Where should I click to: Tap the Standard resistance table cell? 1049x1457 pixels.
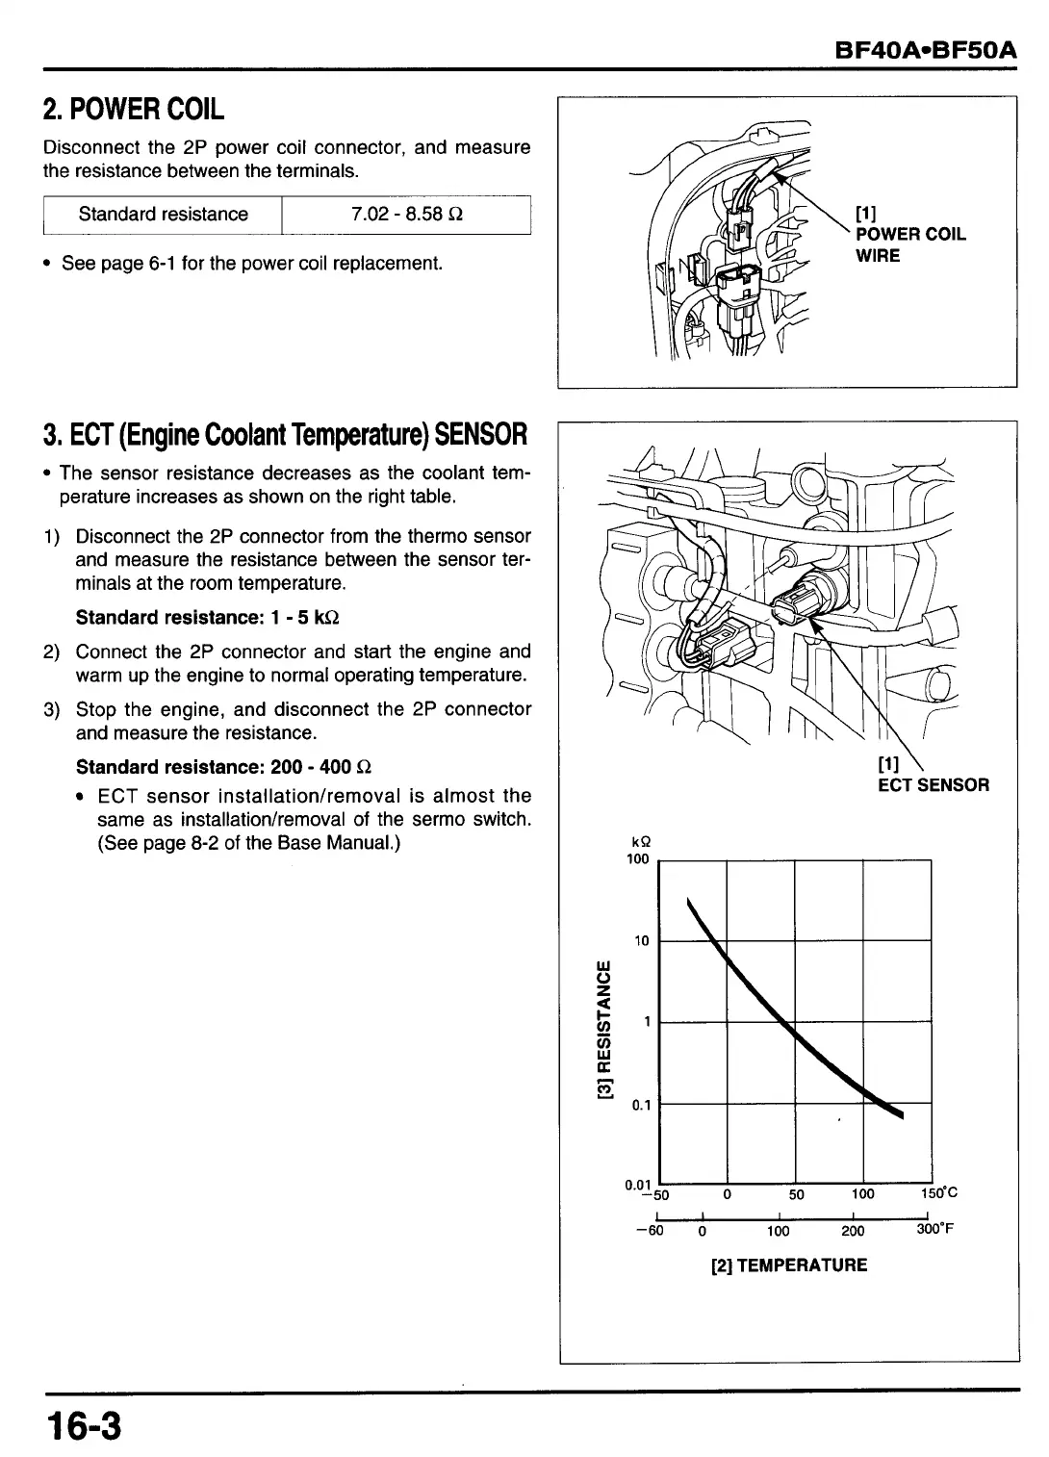coord(163,215)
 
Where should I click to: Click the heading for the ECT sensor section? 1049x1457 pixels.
coord(285,434)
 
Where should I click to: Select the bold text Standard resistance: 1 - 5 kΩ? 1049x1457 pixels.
coord(207,616)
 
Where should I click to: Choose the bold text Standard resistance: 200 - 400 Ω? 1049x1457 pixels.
coord(223,767)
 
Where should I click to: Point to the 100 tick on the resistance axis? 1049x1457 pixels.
coord(637,858)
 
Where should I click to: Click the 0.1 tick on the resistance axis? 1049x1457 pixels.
coord(641,1105)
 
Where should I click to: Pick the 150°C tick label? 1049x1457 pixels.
coord(938,1194)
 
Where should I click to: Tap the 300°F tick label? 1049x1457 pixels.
coord(934,1230)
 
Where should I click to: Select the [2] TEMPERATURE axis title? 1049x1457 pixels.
coord(788,1265)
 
